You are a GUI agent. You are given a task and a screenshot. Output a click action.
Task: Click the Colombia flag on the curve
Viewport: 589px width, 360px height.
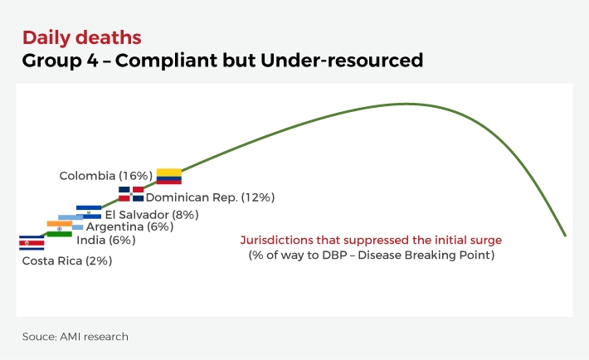click(168, 176)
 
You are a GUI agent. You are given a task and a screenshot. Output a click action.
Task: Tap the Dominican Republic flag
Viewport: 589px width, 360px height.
click(130, 194)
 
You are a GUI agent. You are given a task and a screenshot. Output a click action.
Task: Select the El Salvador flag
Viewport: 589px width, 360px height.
click(88, 212)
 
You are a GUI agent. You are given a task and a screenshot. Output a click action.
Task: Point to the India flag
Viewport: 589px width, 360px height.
click(59, 230)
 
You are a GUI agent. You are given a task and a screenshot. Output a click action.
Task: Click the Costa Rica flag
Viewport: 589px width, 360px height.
click(32, 242)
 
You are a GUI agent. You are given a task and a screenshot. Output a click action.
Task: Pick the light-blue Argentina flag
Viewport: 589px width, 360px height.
click(71, 221)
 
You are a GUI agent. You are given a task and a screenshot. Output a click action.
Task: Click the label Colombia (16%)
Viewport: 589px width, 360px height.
click(105, 176)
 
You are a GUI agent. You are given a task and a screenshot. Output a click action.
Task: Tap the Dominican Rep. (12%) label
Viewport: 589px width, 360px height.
click(210, 197)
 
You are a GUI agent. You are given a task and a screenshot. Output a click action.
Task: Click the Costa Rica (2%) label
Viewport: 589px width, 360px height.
click(67, 260)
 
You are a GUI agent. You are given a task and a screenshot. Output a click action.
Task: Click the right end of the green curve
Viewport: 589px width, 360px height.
click(565, 236)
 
